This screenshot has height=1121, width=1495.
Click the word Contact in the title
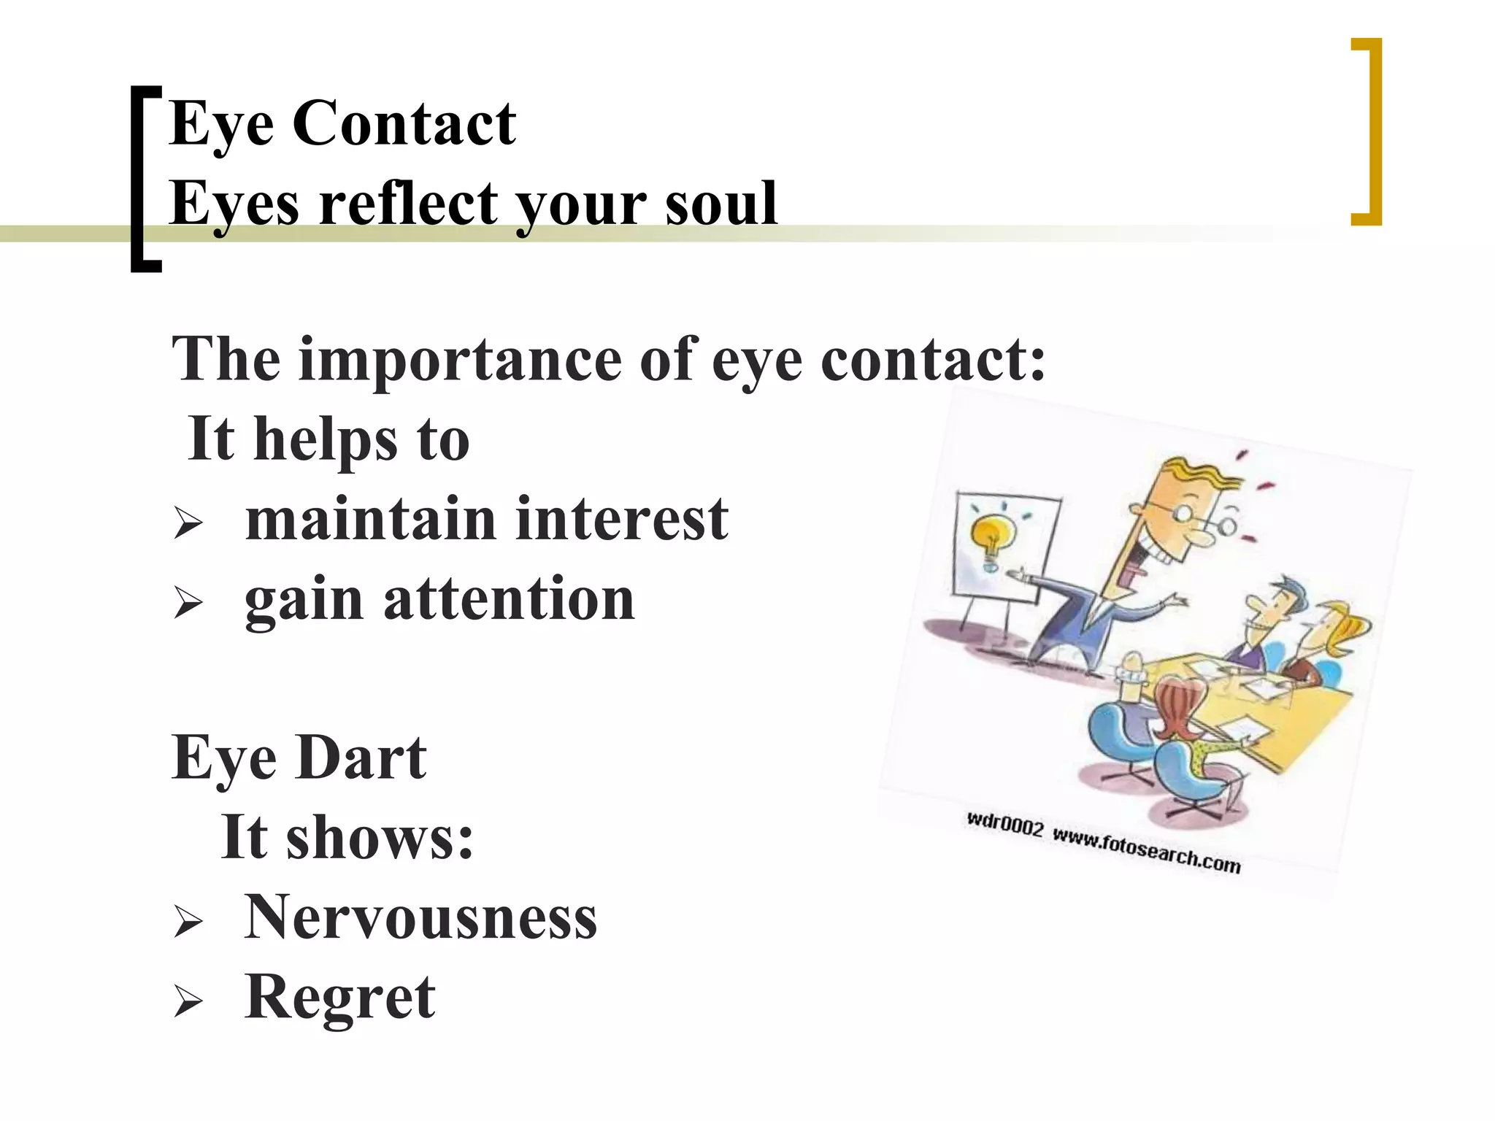pyautogui.click(x=404, y=124)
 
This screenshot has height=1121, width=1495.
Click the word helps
pyautogui.click(x=325, y=439)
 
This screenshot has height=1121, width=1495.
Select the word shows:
pyautogui.click(x=380, y=837)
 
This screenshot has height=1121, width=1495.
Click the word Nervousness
pyautogui.click(x=420, y=917)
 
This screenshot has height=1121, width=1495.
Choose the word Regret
pyautogui.click(x=340, y=997)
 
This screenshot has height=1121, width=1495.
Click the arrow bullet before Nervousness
pyautogui.click(x=188, y=923)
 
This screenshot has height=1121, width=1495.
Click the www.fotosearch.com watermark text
pyautogui.click(x=1146, y=850)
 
